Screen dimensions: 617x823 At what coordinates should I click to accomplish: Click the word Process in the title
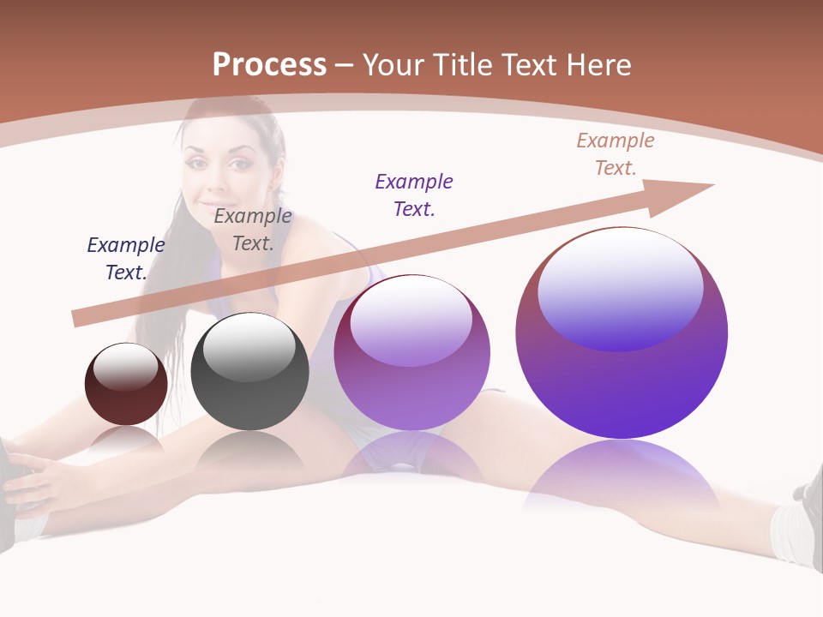[269, 65]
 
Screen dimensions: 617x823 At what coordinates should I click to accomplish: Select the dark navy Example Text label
[126, 258]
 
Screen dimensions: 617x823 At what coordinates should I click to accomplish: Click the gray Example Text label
[253, 229]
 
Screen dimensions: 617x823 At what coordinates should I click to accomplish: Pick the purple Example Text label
[414, 195]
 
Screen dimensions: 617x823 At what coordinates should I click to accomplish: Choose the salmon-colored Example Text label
[616, 153]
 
